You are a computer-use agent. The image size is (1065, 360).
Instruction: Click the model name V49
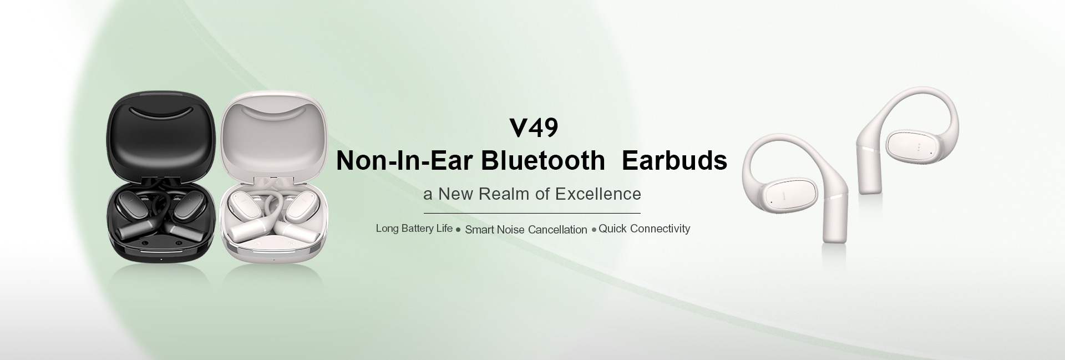coord(534,128)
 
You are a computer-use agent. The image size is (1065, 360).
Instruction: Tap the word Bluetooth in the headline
coord(543,160)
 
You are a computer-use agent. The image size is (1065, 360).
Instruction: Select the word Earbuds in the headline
coord(674,160)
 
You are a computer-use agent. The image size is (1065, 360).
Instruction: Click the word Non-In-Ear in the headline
coord(404,160)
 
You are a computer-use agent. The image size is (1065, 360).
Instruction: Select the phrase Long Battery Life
coord(414,229)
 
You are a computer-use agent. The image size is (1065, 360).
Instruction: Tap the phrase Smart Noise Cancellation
coord(526,230)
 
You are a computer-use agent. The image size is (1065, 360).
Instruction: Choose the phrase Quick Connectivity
coord(645,229)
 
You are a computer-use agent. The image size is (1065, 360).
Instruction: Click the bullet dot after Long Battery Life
coord(458,230)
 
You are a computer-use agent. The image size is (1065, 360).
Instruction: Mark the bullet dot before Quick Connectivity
coord(594,230)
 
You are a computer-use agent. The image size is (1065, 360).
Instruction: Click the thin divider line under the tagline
coord(532,213)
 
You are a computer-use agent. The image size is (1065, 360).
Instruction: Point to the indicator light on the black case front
coord(161,259)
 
